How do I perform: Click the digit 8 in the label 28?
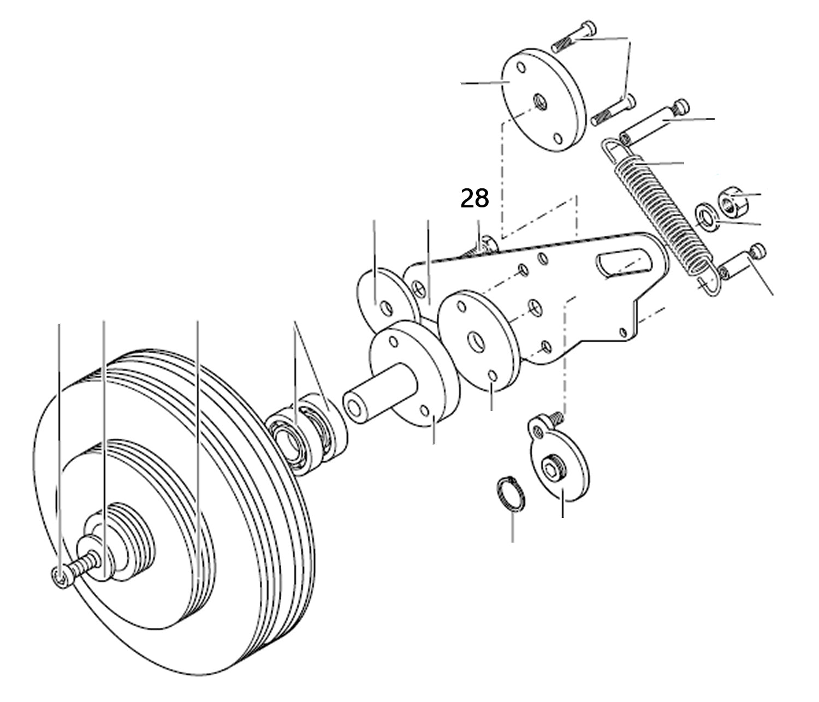pos(482,199)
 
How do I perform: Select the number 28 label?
pos(474,199)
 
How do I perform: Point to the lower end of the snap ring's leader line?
pos(513,542)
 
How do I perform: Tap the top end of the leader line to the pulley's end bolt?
pos(60,324)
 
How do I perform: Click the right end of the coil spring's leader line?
pos(684,163)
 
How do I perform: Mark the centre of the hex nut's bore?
pos(728,206)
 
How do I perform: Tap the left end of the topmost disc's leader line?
pos(461,84)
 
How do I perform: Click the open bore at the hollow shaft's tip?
pos(354,408)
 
